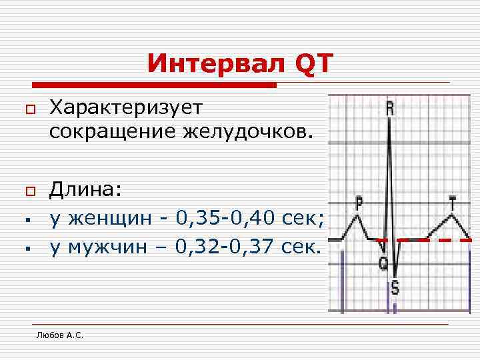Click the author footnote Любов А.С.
click(60, 335)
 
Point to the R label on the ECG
click(390, 109)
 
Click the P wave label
click(359, 201)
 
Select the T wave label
click(453, 201)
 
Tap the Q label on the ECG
click(383, 264)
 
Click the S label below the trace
click(395, 289)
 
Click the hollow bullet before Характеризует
click(29, 108)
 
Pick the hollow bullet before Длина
click(29, 192)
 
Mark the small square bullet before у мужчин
click(30, 249)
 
